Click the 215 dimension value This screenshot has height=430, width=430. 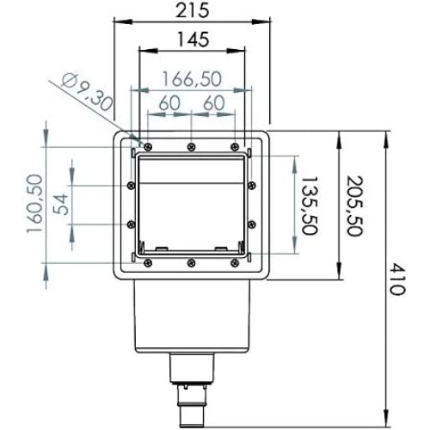(193, 11)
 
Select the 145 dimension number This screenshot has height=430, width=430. (193, 40)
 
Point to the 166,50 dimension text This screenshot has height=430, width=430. (192, 79)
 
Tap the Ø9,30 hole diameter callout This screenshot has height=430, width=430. (87, 92)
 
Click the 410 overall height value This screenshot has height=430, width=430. (397, 279)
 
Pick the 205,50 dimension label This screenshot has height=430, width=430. (355, 206)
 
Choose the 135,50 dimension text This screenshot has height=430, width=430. (310, 206)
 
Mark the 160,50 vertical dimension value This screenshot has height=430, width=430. (35, 204)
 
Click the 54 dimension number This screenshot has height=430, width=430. (61, 205)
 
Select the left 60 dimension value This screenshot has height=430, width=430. (169, 103)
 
